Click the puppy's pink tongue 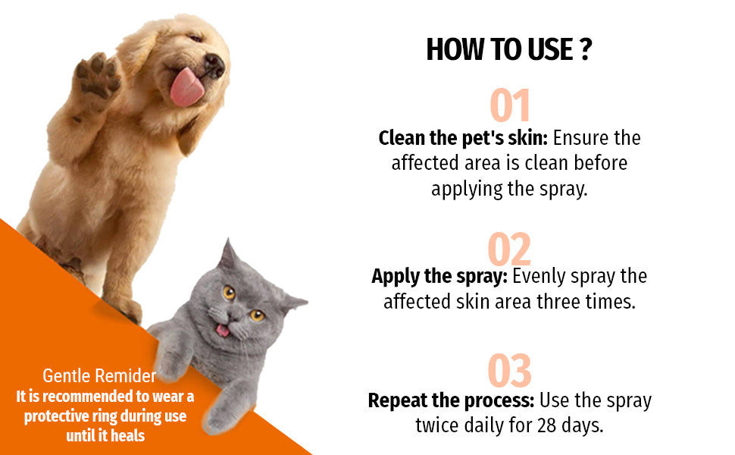pyautogui.click(x=186, y=88)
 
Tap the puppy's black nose pyautogui.click(x=214, y=65)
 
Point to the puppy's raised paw pyautogui.click(x=97, y=75)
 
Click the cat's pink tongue pyautogui.click(x=222, y=331)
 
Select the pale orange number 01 pyautogui.click(x=509, y=106)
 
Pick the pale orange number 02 pyautogui.click(x=509, y=249)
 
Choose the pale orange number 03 pyautogui.click(x=509, y=371)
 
